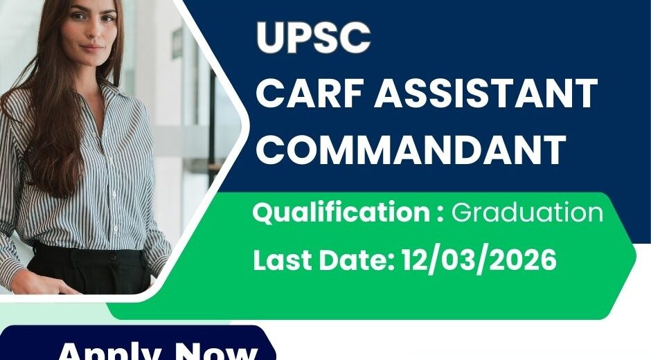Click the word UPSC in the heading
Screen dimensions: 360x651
[x=313, y=39]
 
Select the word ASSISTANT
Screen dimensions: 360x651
[x=487, y=94]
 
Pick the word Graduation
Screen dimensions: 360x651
[x=527, y=213]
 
